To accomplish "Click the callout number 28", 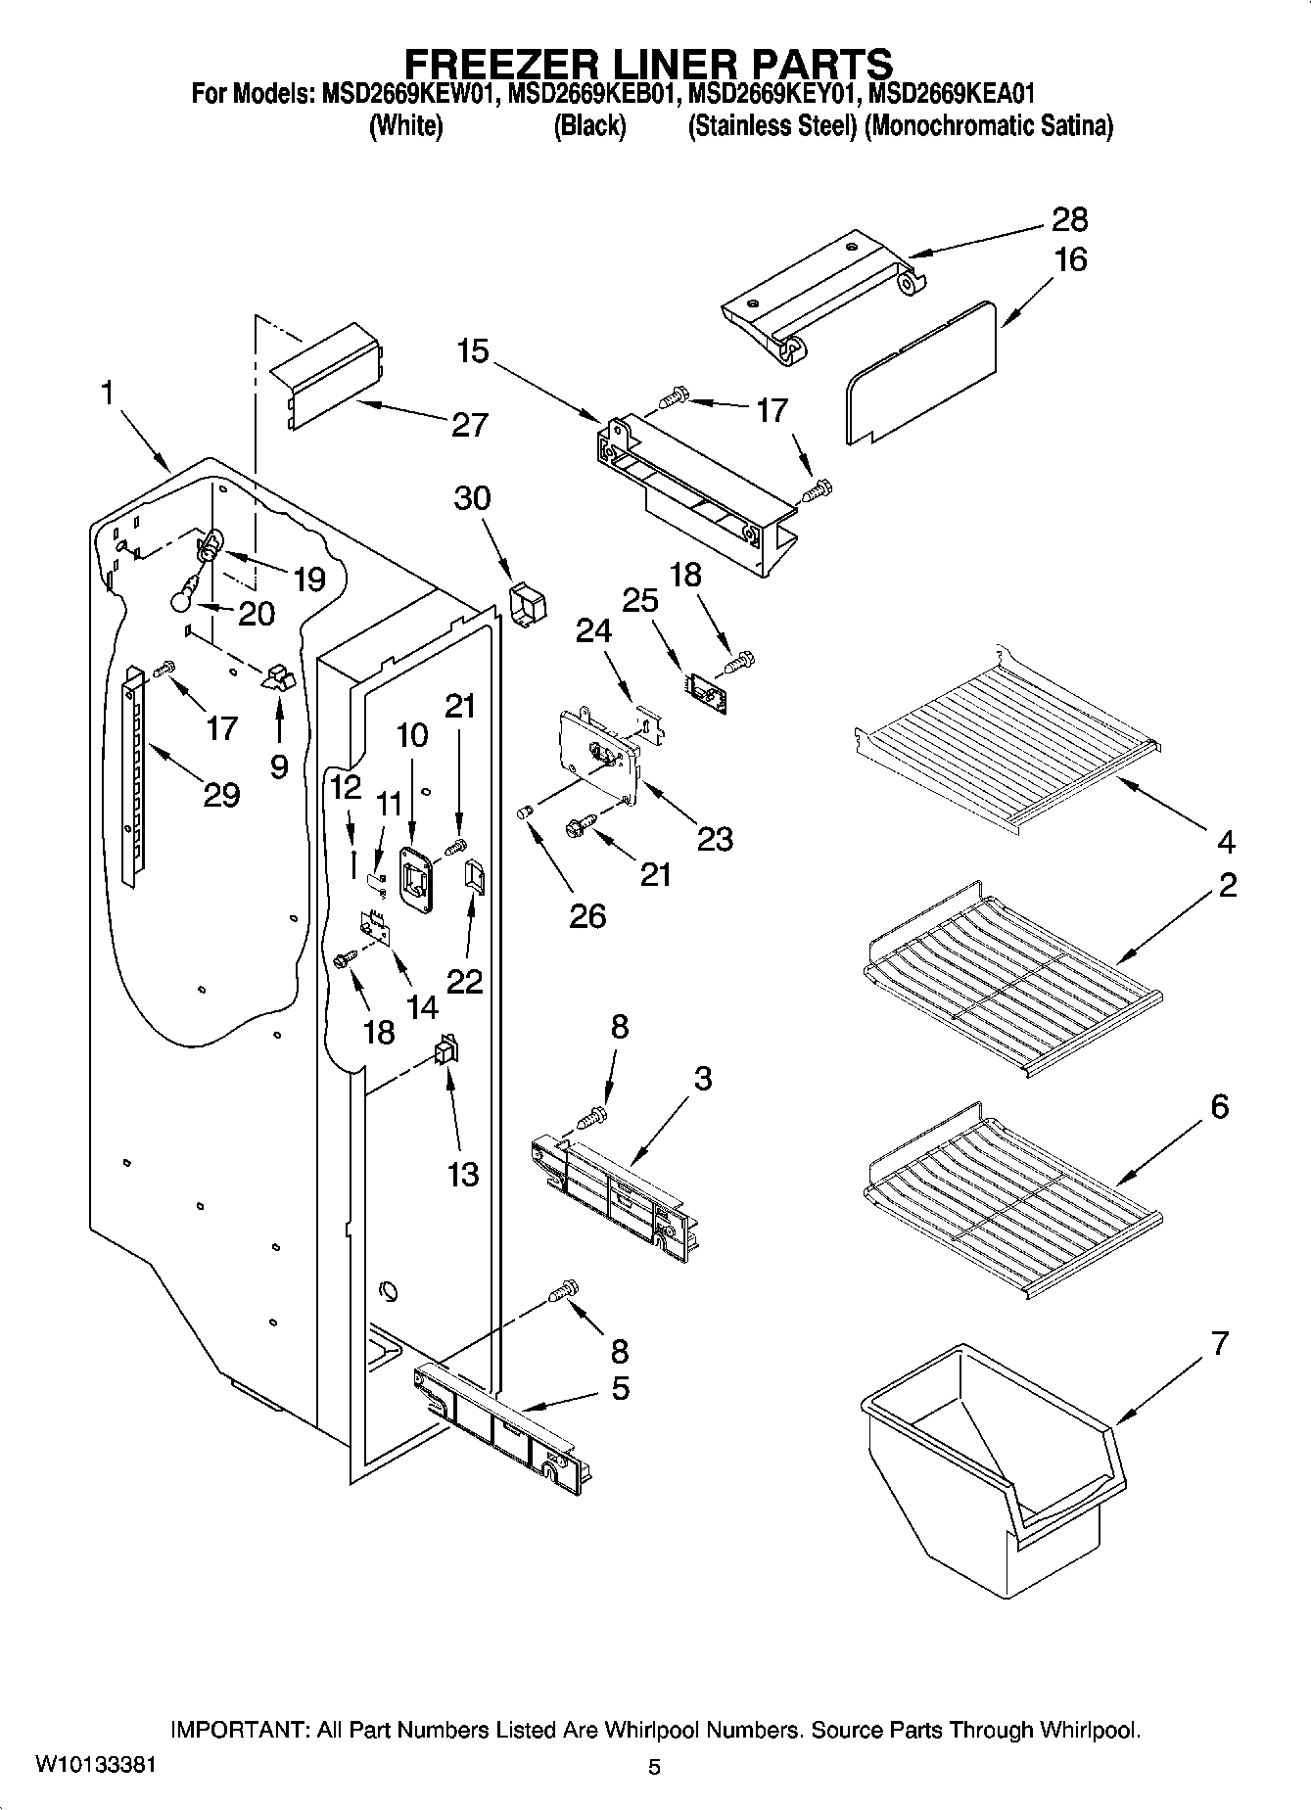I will (1068, 219).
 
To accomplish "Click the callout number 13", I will (462, 1173).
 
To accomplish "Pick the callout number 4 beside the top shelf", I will (1226, 840).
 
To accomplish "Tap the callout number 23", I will (714, 839).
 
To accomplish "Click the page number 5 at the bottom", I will (654, 1768).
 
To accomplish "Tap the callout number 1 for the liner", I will (107, 394).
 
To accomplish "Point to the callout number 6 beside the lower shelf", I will (1219, 1107).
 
